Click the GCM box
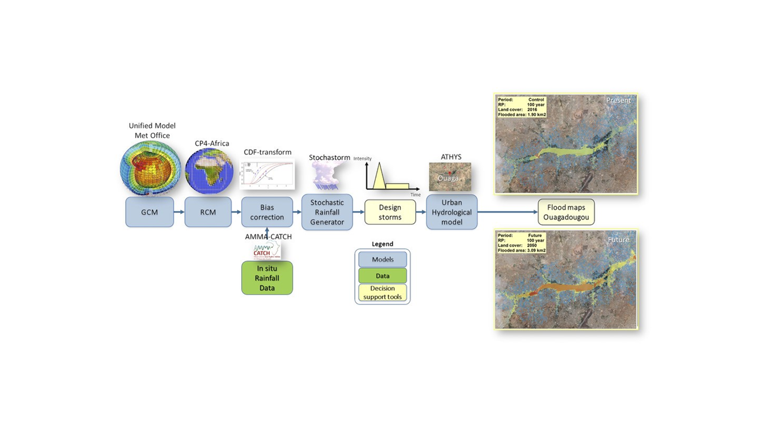150,213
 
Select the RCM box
208,213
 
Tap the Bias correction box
267,213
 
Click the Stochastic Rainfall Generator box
327,213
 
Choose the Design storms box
390,213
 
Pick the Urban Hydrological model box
452,212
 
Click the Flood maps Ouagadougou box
566,212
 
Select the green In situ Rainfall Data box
267,278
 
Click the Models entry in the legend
382,259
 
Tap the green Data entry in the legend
382,276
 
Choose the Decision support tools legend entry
382,293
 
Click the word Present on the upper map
618,101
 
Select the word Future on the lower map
619,239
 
